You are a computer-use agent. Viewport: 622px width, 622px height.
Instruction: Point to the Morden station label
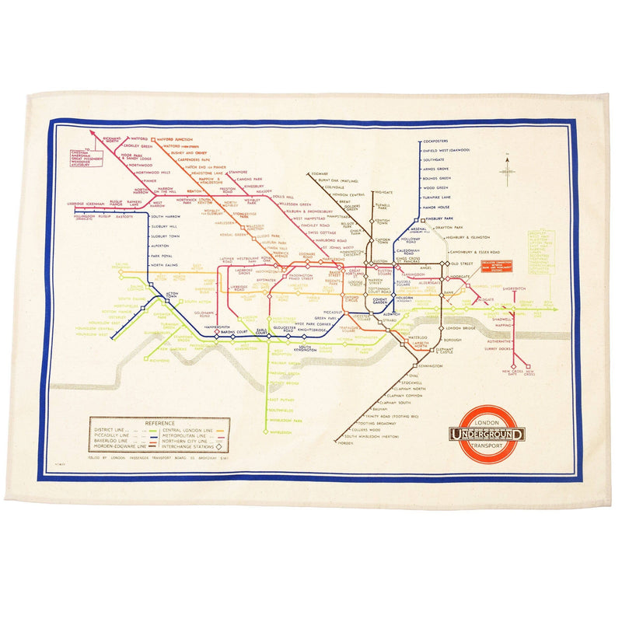(x=345, y=443)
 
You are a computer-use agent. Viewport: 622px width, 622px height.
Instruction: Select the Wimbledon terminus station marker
(x=271, y=432)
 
